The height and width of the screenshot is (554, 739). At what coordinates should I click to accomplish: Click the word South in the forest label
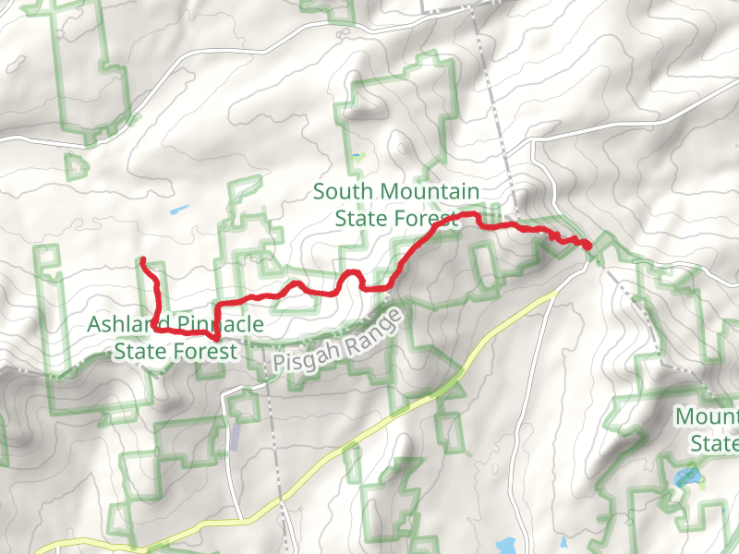[343, 192]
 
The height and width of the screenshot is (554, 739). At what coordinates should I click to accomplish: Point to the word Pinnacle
[216, 325]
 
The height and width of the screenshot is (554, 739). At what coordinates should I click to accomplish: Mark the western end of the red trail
[142, 261]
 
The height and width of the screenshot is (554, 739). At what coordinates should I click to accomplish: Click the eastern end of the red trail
[588, 245]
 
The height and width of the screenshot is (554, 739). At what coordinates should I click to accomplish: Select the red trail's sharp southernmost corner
[217, 339]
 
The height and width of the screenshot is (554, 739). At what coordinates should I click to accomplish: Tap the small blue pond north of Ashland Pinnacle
[178, 211]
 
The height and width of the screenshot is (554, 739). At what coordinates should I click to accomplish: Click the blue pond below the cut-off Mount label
[686, 477]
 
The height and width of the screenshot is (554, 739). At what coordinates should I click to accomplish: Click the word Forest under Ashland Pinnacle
[200, 352]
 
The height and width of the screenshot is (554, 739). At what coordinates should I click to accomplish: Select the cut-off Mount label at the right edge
[707, 416]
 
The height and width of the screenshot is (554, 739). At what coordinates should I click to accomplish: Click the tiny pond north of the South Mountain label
[357, 155]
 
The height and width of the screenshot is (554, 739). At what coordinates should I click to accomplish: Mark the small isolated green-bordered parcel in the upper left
[76, 165]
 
